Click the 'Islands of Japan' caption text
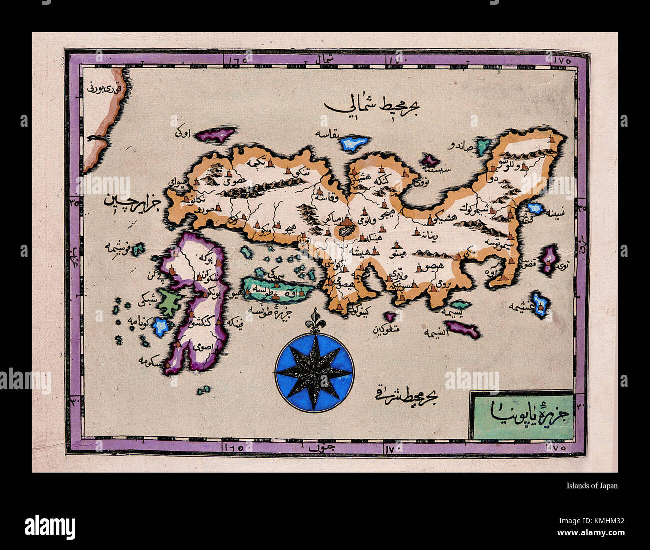[x=592, y=485]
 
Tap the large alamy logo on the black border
[x=50, y=527]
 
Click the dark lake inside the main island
[x=344, y=231]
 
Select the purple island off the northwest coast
[x=216, y=134]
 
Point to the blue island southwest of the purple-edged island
[x=161, y=327]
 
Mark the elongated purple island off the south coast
[x=462, y=329]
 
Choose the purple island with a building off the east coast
[x=550, y=259]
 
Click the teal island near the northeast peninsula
[x=483, y=146]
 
